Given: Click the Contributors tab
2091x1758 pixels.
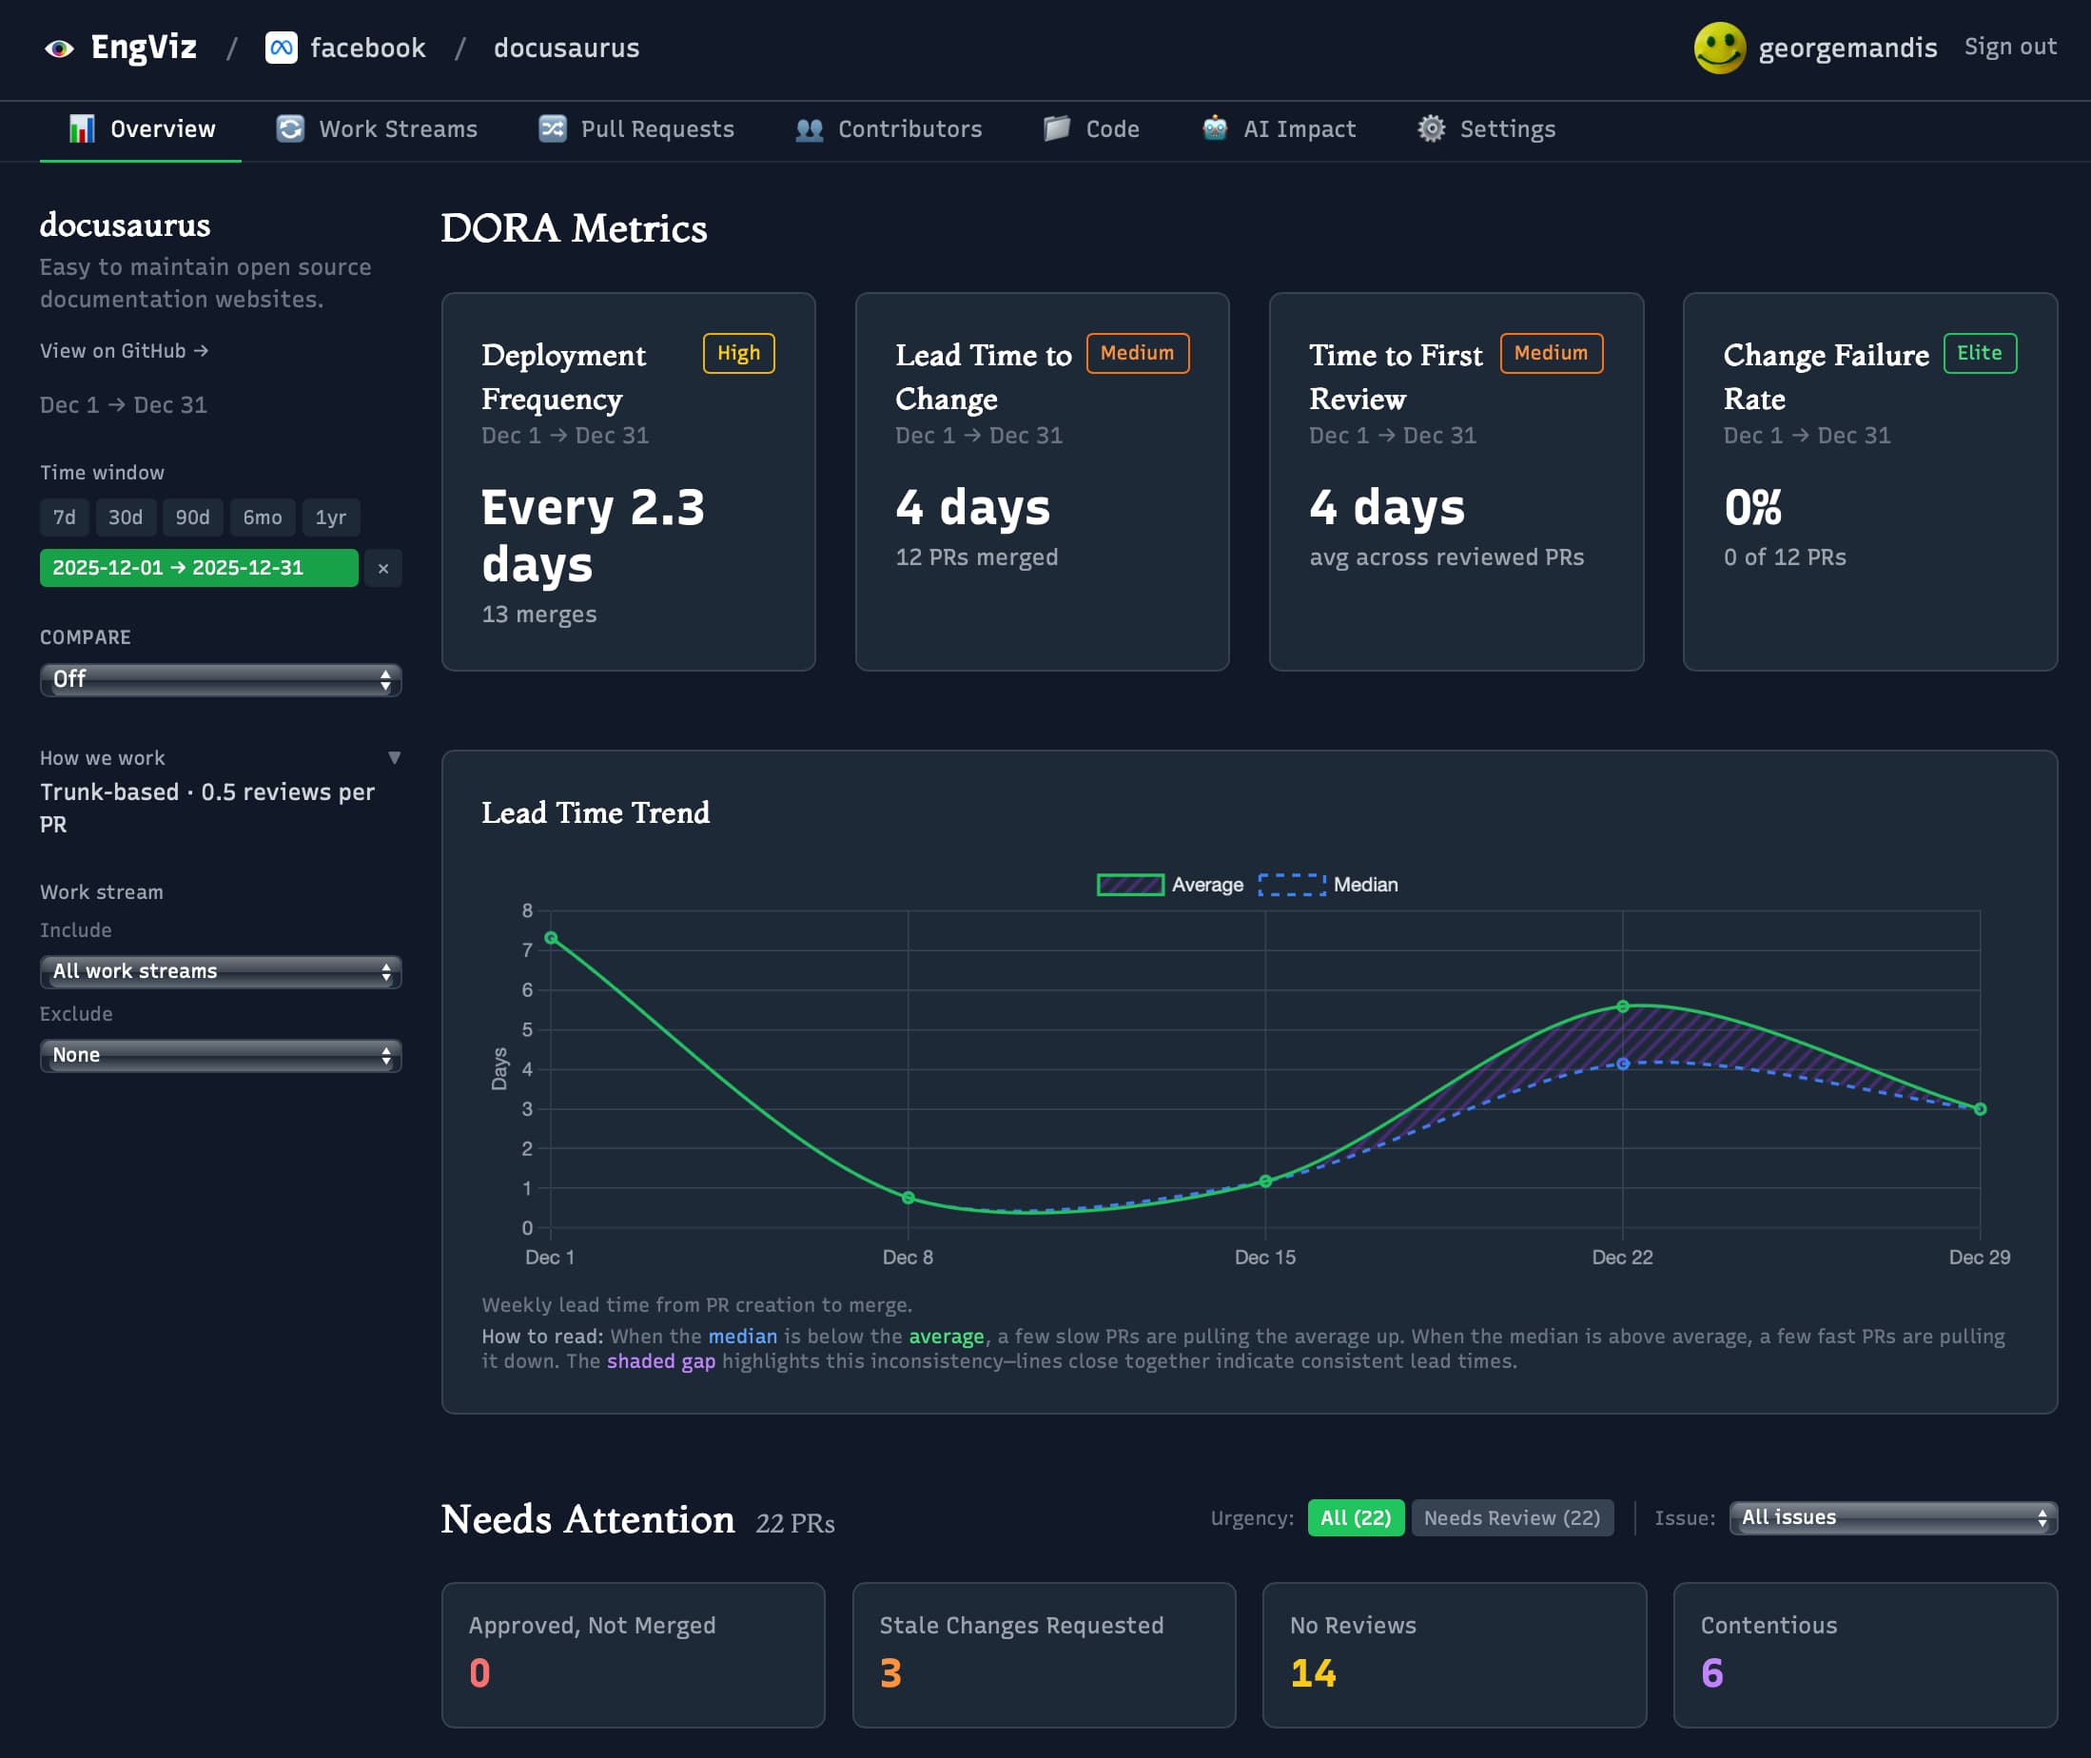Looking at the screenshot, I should pos(889,129).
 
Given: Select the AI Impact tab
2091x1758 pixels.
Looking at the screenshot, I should pos(1280,129).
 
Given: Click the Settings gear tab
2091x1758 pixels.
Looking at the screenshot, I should pos(1487,129).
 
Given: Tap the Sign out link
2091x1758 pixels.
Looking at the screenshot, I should pos(2009,47).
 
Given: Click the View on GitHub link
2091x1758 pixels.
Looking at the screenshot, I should pos(124,351).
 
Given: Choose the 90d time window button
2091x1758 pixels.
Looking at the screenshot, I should pos(192,518).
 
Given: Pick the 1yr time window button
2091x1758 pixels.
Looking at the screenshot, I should pos(330,518).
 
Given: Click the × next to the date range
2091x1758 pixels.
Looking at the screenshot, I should pos(382,569).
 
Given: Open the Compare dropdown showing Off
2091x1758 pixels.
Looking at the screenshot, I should pos(221,679).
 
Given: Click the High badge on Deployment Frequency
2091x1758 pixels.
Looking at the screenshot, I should pos(738,354).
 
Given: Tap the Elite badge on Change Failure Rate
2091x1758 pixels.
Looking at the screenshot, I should pos(1979,354).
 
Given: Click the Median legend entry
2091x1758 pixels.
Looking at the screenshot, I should pos(1329,885).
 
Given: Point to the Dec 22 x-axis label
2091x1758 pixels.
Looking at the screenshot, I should pos(1622,1258).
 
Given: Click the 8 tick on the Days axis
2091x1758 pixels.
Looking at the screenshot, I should pos(527,911).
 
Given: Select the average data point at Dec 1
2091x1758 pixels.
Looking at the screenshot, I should pos(551,939).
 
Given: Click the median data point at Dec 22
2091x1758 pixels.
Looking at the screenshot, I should pos(1623,1065).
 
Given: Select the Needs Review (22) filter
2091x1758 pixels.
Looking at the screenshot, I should pos(1511,1518).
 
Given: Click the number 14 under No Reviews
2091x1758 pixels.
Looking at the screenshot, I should pos(1313,1673).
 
